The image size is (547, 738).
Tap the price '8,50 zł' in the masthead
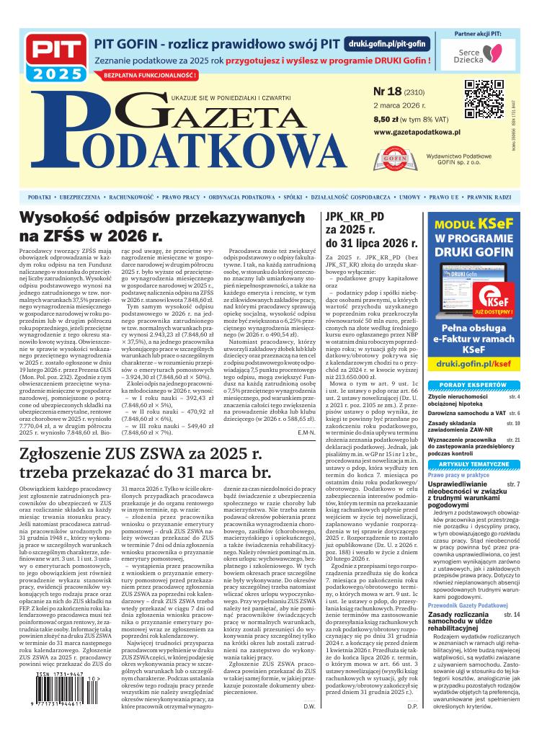pyautogui.click(x=386, y=119)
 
